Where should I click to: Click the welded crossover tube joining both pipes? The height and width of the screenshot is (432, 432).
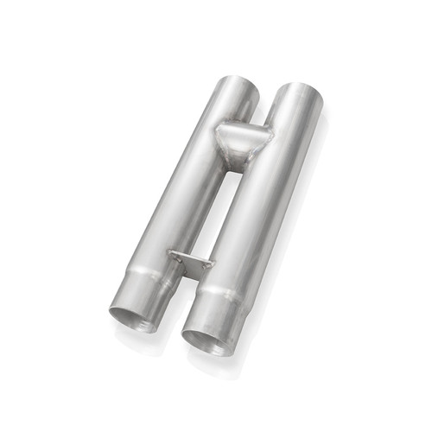242,138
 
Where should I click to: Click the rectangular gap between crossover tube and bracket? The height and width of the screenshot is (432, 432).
213,207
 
